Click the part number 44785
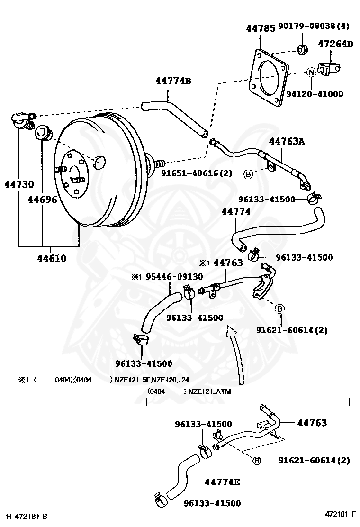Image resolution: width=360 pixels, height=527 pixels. [x=261, y=28]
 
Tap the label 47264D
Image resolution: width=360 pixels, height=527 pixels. [x=335, y=44]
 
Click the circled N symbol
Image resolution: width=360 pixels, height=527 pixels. [x=311, y=72]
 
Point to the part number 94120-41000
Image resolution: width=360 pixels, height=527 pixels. [x=315, y=94]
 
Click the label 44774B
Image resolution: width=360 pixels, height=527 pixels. [x=173, y=81]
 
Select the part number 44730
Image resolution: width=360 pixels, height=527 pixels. [x=19, y=184]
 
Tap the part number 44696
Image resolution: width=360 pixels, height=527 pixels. [x=42, y=200]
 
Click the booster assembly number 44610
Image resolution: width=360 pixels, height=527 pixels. [x=52, y=258]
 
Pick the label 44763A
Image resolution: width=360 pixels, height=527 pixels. [x=287, y=142]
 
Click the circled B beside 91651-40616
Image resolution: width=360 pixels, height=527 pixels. [x=248, y=174]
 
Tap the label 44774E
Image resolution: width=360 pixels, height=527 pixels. [x=222, y=482]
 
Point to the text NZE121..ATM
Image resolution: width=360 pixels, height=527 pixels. [x=209, y=391]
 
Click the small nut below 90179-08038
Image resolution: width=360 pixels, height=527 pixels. [x=303, y=49]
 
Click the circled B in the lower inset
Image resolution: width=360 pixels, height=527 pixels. [x=257, y=461]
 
